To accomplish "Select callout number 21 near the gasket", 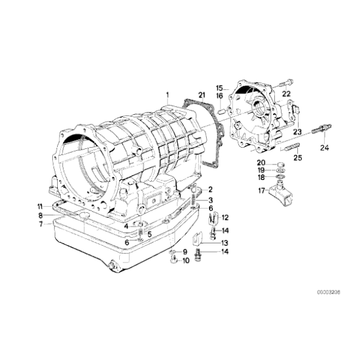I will click(201, 94).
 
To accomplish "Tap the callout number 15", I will click(219, 88).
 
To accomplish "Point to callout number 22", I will click(287, 94).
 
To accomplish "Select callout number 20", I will click(261, 163).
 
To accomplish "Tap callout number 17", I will click(261, 191).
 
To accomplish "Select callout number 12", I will click(225, 217).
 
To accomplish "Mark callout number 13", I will click(225, 243).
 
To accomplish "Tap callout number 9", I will click(184, 252).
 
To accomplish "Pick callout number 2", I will click(210, 189).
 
